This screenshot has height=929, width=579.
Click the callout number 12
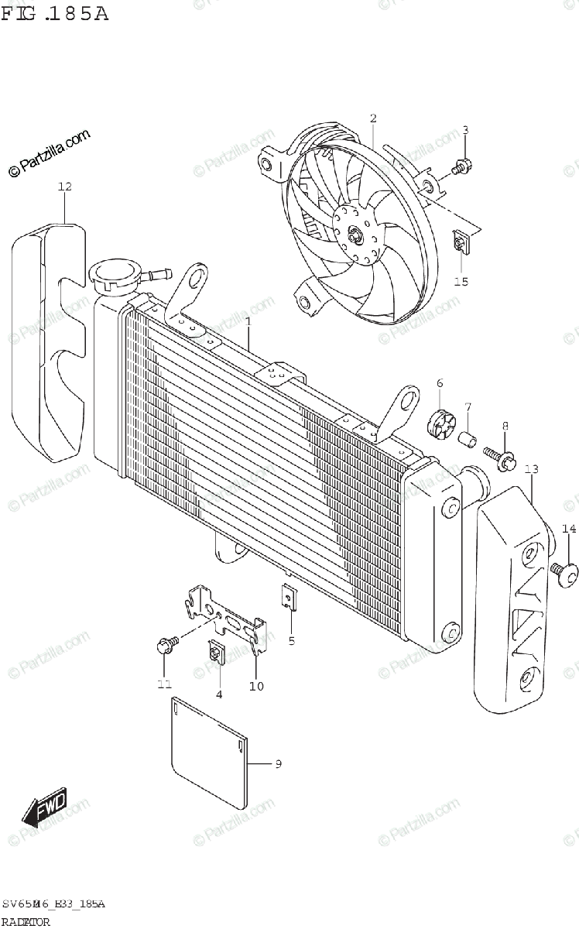(x=64, y=187)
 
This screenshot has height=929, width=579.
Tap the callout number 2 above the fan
(x=373, y=118)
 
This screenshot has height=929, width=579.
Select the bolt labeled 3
(x=464, y=163)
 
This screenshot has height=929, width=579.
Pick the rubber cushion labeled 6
(x=440, y=422)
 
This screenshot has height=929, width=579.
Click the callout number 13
(x=531, y=470)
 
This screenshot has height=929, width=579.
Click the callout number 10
(x=256, y=686)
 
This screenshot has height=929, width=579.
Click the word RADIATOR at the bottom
(x=26, y=921)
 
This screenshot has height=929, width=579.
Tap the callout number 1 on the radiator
(x=248, y=321)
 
